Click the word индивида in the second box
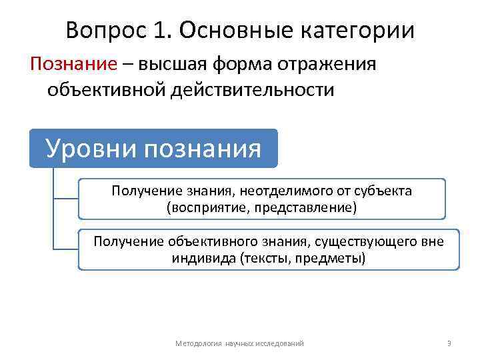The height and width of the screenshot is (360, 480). [x=201, y=257]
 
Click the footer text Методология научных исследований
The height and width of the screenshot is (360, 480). [x=239, y=343]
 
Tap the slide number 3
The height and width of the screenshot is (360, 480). [x=449, y=343]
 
